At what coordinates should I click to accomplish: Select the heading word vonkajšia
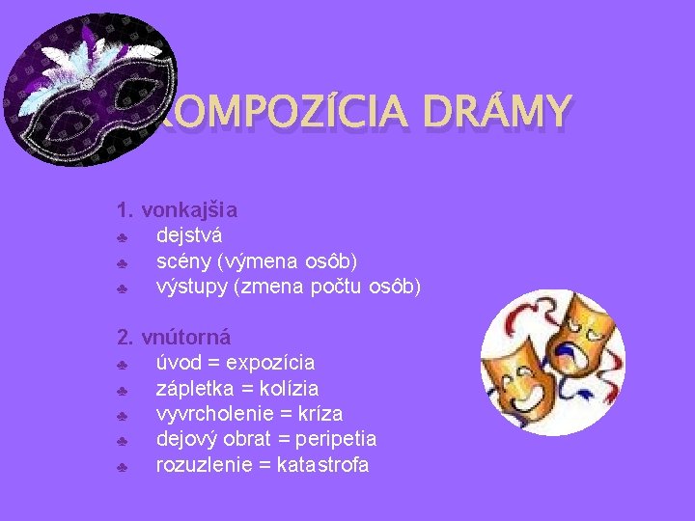pyautogui.click(x=190, y=209)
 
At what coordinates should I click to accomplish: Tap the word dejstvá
pyautogui.click(x=189, y=234)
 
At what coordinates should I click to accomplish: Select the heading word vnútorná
pyautogui.click(x=185, y=338)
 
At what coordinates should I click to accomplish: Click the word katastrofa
pyautogui.click(x=322, y=465)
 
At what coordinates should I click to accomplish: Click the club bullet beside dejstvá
pyautogui.click(x=123, y=236)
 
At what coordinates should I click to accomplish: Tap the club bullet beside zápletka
pyautogui.click(x=123, y=391)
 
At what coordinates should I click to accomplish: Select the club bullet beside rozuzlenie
pyautogui.click(x=123, y=467)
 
